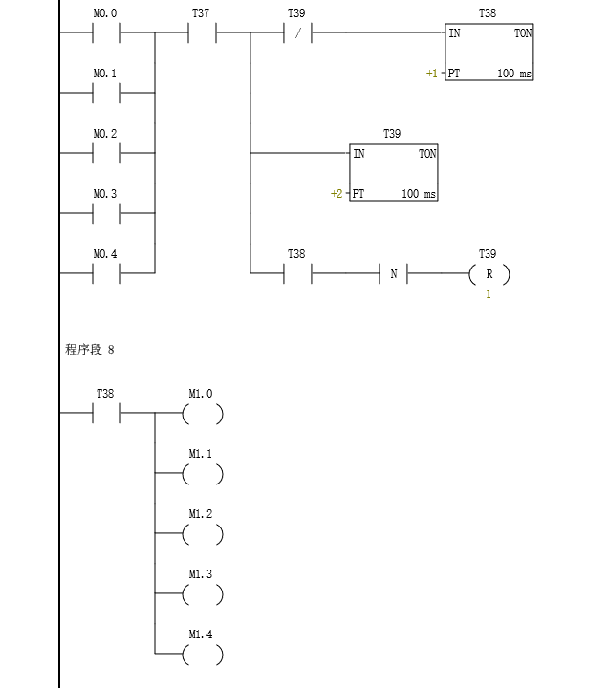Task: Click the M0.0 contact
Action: point(106,32)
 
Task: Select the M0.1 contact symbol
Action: point(106,93)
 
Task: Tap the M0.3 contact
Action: point(106,213)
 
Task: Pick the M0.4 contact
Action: point(106,273)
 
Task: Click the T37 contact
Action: point(202,32)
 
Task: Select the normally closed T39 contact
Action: point(297,32)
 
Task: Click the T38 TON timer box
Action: point(489,53)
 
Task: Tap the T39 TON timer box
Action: point(394,173)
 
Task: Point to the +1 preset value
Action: point(432,74)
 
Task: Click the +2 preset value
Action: point(337,194)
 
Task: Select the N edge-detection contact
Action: point(394,274)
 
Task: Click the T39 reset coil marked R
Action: point(489,274)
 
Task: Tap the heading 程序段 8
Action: point(90,350)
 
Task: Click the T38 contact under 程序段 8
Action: point(106,414)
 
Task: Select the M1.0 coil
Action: point(203,414)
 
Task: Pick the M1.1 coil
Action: point(203,474)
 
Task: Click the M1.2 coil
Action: point(203,534)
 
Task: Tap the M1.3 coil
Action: point(203,594)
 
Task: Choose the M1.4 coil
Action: point(203,655)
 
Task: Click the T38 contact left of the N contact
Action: point(297,274)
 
